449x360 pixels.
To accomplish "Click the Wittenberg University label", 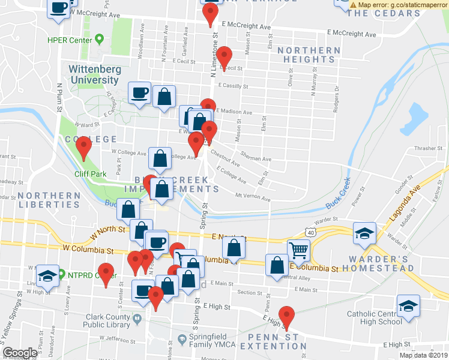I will [95, 74].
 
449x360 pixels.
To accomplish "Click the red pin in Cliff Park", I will [84, 146].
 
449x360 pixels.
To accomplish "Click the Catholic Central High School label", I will [382, 317].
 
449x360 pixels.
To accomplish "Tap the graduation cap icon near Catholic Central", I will [409, 306].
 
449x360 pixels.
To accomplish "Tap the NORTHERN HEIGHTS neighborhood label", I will [309, 55].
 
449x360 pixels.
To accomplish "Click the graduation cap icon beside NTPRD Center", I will [47, 276].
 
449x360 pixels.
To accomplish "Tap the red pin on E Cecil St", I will [224, 57].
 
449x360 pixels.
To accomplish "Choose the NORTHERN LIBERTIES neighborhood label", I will [49, 200].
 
